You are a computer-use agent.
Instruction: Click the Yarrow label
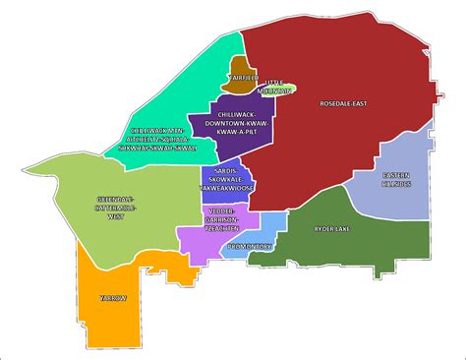(x=113, y=297)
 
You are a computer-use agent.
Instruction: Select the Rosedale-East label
(x=343, y=104)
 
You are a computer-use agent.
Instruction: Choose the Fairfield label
(x=241, y=77)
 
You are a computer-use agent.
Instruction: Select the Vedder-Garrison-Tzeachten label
(x=228, y=219)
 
